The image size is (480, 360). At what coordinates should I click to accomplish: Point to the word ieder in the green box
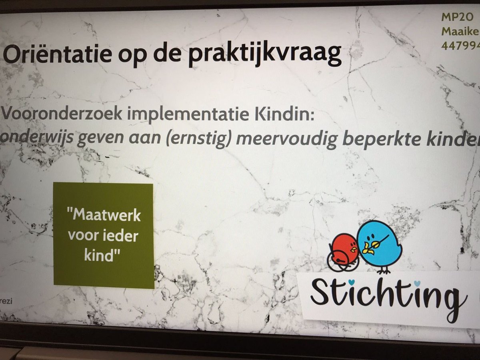coord(120,236)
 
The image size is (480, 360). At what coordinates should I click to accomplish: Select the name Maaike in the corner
coord(460,32)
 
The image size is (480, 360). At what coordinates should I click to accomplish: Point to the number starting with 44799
coord(460,45)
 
